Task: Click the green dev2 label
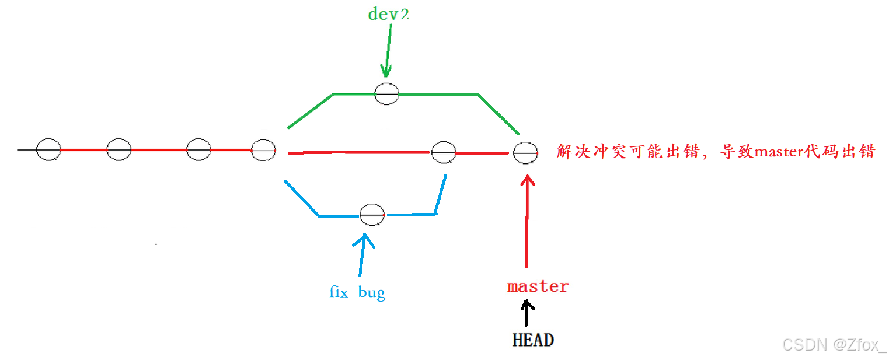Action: pos(388,15)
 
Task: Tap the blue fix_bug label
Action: pos(357,291)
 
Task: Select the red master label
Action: pos(538,286)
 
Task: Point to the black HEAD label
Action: pos(533,340)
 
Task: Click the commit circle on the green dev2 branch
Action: pos(386,93)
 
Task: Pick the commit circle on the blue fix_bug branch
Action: pos(372,215)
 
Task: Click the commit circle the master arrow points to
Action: pos(525,153)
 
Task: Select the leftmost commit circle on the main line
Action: pos(48,150)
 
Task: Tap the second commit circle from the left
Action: pos(118,150)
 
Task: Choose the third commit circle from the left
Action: pos(198,149)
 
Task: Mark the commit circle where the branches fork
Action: pos(263,151)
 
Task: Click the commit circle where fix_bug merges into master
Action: pos(444,153)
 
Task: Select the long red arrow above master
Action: pos(527,222)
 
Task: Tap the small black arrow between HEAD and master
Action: pos(528,313)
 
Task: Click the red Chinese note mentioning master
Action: pos(716,152)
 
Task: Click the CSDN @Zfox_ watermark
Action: pos(834,345)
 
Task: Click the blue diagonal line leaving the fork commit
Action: pos(301,198)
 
